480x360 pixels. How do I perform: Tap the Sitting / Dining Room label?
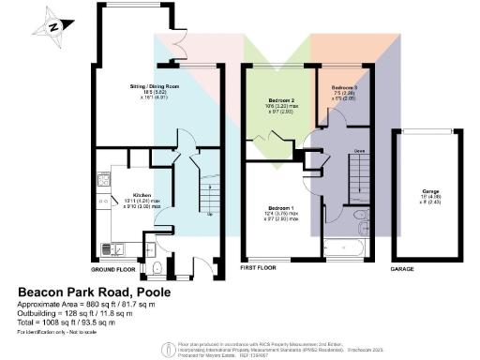click(154, 91)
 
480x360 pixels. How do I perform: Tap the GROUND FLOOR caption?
click(114, 268)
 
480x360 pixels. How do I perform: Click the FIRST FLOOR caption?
click(260, 268)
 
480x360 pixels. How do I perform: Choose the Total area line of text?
click(78, 322)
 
